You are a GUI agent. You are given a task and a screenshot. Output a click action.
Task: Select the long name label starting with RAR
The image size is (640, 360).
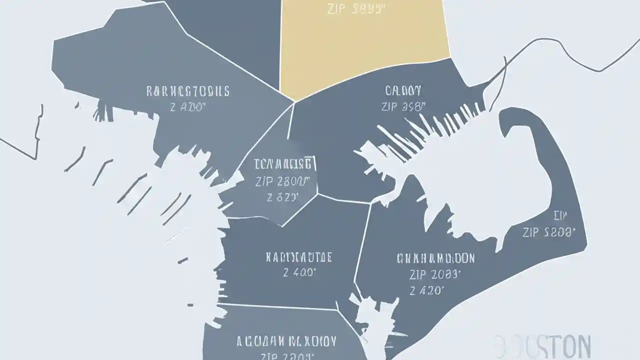pyautogui.click(x=187, y=91)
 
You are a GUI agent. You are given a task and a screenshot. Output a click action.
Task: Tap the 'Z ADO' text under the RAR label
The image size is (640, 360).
pyautogui.click(x=187, y=106)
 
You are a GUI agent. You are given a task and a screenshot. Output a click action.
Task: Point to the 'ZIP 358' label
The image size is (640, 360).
pyautogui.click(x=402, y=106)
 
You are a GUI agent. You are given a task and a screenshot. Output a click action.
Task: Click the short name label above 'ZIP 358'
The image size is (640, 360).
pyautogui.click(x=403, y=91)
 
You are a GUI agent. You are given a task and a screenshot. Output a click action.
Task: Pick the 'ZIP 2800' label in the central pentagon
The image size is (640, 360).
pyautogui.click(x=283, y=181)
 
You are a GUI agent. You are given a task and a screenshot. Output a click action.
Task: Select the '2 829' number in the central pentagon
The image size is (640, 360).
pyautogui.click(x=283, y=196)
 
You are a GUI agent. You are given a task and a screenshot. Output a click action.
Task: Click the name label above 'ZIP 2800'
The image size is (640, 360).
pyautogui.click(x=283, y=163)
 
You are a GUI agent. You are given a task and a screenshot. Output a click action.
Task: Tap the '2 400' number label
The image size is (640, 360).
pyautogui.click(x=299, y=272)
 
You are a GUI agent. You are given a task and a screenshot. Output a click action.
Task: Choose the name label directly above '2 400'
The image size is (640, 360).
pyautogui.click(x=299, y=257)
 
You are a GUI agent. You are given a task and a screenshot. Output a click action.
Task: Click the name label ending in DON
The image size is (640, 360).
pyautogui.click(x=435, y=258)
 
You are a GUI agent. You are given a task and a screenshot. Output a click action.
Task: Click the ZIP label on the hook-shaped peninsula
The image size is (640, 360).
pyautogui.click(x=549, y=232)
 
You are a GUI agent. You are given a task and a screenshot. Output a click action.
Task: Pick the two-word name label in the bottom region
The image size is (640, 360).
pyautogui.click(x=286, y=342)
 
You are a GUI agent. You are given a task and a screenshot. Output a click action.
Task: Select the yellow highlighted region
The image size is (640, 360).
pyautogui.click(x=365, y=45)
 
